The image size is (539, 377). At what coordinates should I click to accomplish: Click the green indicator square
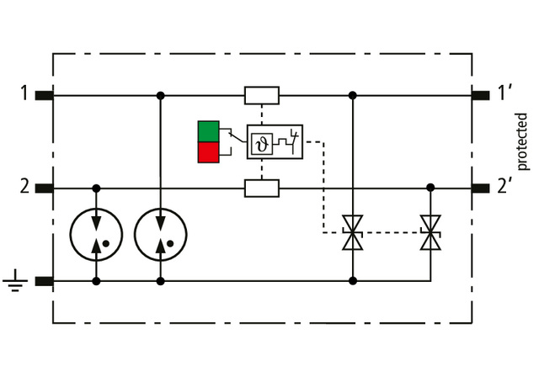coord(208,131)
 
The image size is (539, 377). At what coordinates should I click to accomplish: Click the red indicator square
coord(208,152)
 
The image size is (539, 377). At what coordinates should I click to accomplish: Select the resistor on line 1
coord(262,95)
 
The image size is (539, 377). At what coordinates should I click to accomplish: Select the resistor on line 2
coord(262,188)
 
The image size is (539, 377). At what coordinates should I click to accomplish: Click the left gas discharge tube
coord(97,234)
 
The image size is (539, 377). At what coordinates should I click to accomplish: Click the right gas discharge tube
coord(160,234)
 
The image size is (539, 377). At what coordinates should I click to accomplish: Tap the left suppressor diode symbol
coord(352,233)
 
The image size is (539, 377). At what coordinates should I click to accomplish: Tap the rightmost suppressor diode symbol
coord(430,233)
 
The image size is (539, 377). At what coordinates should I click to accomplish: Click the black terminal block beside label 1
coord(45,94)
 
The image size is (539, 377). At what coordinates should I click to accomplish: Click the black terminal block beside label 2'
coord(482,188)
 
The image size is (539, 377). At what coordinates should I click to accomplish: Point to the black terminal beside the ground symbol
coord(45,281)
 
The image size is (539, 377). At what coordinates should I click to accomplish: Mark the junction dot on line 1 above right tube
coord(160,95)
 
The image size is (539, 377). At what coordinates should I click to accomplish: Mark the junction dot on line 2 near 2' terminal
coord(430,188)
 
